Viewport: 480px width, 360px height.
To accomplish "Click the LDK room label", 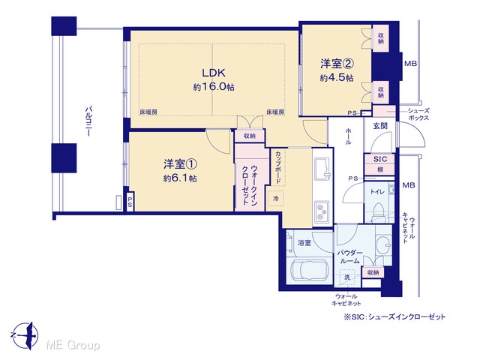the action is (x=214, y=73).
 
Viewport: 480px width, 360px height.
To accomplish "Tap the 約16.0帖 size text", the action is (x=214, y=87).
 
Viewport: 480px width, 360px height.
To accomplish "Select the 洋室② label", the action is (x=337, y=64).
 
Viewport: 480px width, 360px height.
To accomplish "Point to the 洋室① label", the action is (x=180, y=164).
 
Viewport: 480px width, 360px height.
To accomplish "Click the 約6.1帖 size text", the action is (x=180, y=178).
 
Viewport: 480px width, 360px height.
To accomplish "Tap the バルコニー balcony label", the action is (x=88, y=121).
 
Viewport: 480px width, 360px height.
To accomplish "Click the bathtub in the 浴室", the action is (x=310, y=271).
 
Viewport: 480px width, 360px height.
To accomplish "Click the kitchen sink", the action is (x=322, y=169).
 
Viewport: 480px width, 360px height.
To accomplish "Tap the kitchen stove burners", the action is (x=322, y=211).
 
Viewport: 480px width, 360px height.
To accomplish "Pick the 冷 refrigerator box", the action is (x=275, y=198).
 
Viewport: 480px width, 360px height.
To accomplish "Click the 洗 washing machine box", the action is (x=346, y=277).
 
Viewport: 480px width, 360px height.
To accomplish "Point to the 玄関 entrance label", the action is (x=380, y=126).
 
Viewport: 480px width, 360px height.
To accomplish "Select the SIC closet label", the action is (x=380, y=159).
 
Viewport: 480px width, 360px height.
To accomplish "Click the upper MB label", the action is (x=410, y=64).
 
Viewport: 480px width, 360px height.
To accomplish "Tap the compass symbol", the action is (x=25, y=335).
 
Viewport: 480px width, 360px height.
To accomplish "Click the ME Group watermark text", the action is (x=73, y=346).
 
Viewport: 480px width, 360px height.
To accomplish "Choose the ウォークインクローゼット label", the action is (x=250, y=185).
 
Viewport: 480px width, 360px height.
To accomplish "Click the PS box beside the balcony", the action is (x=130, y=202).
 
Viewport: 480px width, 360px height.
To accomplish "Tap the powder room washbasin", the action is (x=383, y=245).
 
